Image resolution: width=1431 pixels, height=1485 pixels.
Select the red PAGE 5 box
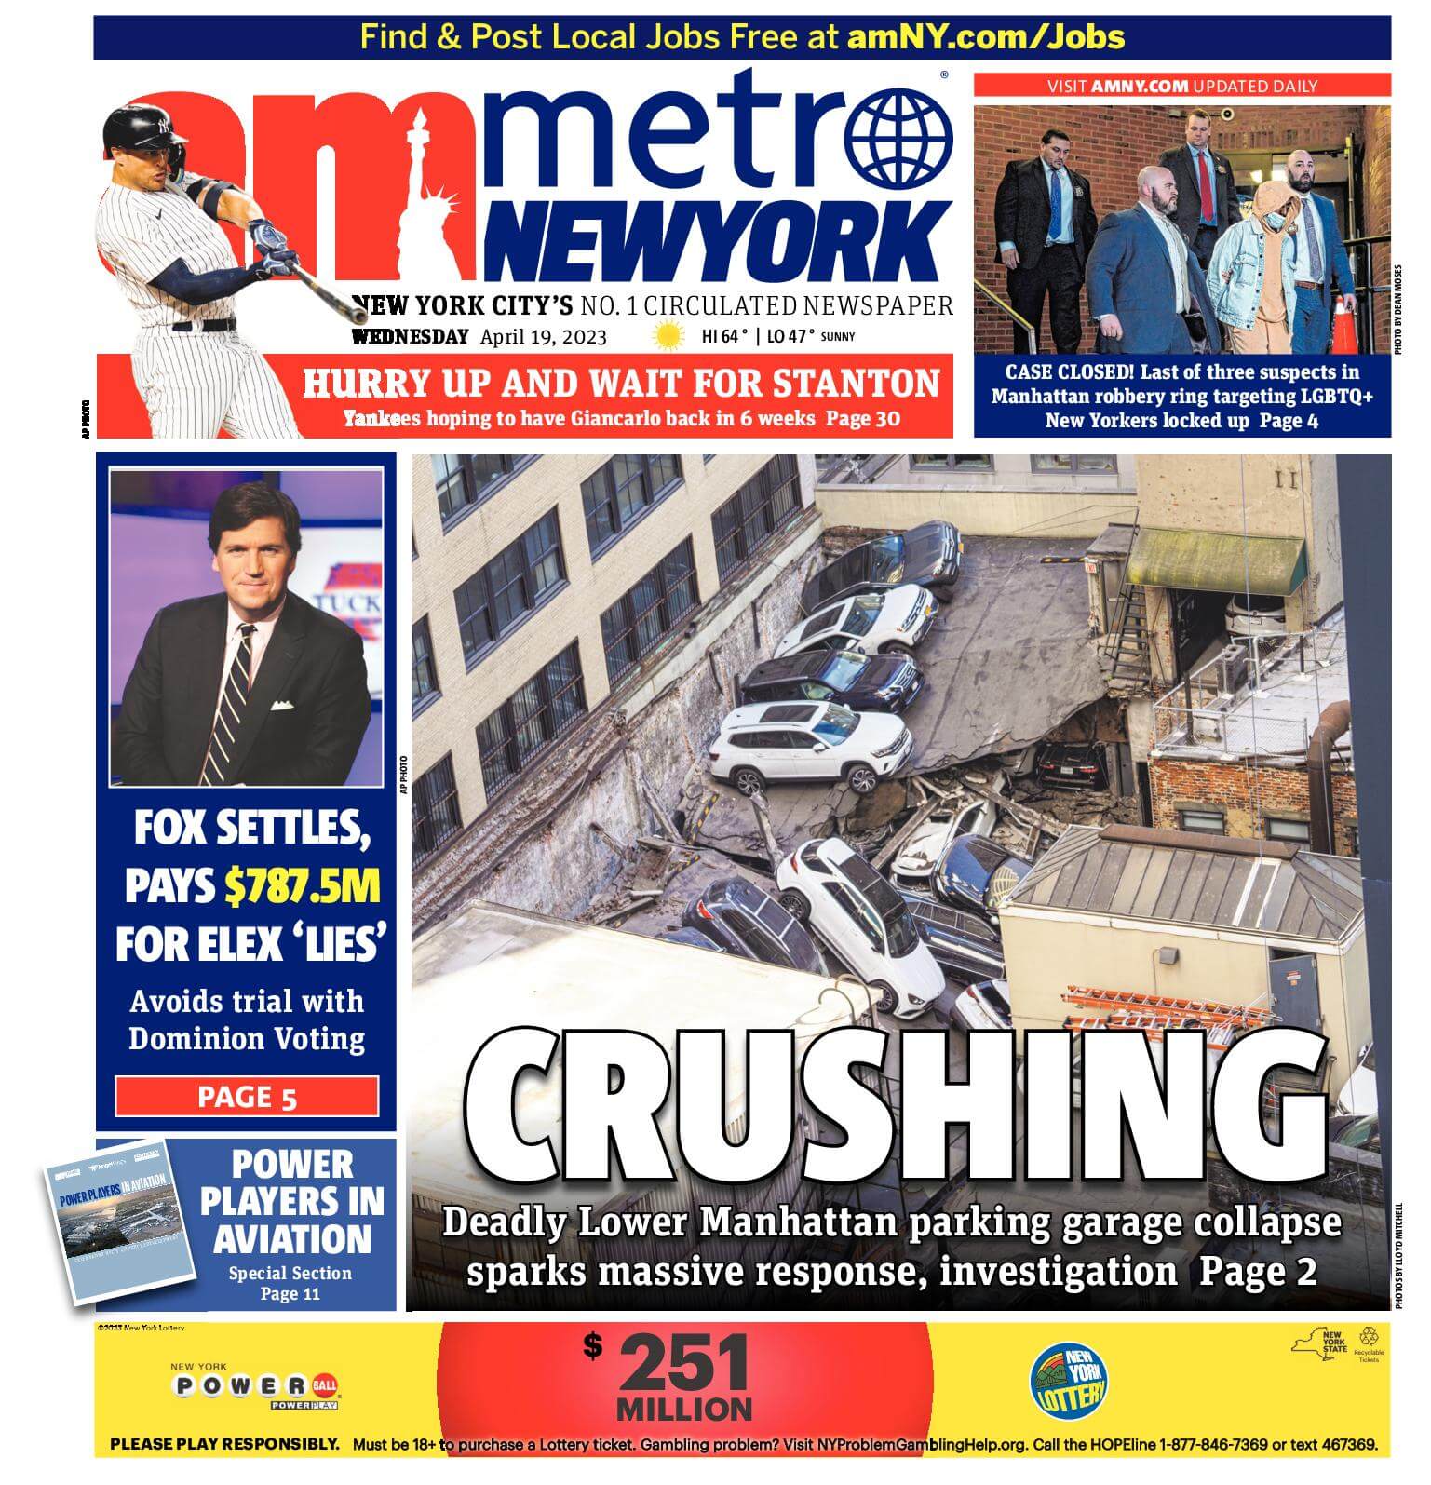[x=247, y=1097]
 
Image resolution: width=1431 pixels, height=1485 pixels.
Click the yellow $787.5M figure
[x=303, y=886]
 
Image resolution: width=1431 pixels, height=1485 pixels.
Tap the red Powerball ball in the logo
[x=326, y=1385]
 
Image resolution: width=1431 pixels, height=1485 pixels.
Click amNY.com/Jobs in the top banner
[x=985, y=37]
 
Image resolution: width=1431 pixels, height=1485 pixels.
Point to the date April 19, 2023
[x=543, y=337]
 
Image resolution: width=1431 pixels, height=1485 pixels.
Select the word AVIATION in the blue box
[x=291, y=1239]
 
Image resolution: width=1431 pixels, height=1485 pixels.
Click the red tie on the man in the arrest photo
[x=1207, y=186]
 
